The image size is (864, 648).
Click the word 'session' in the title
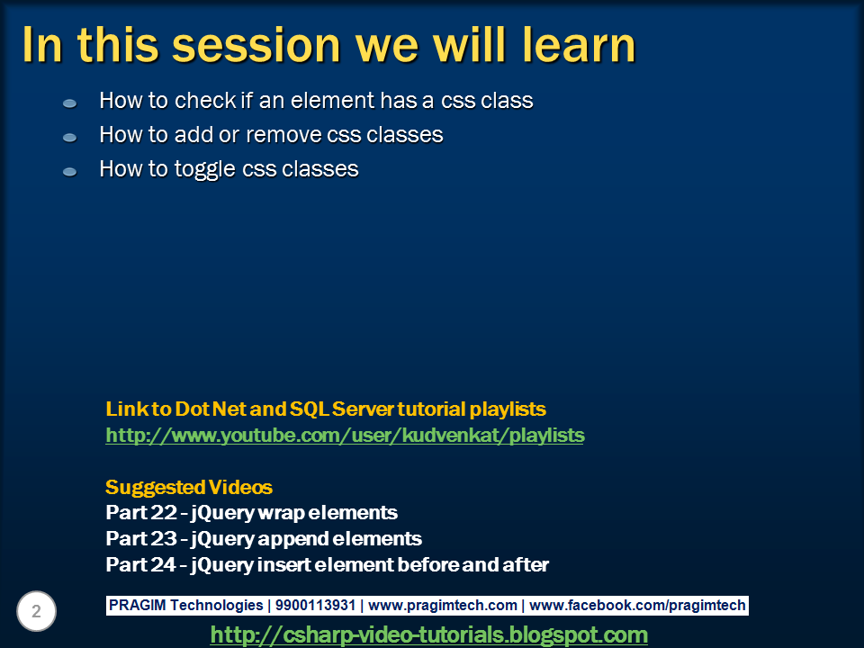coord(256,45)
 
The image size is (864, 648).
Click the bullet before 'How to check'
coord(69,103)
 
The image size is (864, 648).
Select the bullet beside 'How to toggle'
coord(69,172)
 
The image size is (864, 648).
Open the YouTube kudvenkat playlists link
coord(345,436)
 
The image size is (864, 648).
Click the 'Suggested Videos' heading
coord(189,487)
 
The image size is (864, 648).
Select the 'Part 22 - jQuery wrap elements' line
coord(251,513)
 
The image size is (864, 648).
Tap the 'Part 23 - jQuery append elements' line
coord(264,539)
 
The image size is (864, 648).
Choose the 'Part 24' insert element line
coord(328,565)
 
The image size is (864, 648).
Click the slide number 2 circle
coord(36,611)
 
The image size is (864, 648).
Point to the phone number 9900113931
coord(315,605)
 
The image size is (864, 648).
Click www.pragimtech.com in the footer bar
coord(443,606)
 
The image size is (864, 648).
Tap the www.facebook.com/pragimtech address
coord(637,606)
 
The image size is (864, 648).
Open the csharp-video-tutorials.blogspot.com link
coord(428,634)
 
